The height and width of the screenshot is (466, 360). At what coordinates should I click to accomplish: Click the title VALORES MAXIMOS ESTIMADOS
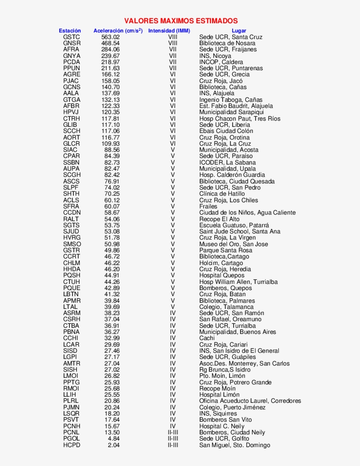click(181, 21)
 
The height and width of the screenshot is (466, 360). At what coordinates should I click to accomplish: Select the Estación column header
click(70, 31)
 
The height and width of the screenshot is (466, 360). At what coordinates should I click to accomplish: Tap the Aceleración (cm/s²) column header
click(118, 31)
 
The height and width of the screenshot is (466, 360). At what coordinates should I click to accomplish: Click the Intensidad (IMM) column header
click(169, 31)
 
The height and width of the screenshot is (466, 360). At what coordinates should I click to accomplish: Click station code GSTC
click(72, 37)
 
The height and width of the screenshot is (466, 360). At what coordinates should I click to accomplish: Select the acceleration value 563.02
click(110, 37)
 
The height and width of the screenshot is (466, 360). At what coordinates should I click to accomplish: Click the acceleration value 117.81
click(110, 118)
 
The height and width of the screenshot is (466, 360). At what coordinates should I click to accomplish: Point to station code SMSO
click(72, 244)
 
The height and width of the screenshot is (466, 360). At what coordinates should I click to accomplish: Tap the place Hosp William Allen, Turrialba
click(238, 282)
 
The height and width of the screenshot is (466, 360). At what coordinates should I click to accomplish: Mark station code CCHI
click(71, 338)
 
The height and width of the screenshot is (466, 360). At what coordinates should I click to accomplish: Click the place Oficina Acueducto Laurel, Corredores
click(250, 401)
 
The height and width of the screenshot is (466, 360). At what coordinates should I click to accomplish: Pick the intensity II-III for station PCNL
click(173, 432)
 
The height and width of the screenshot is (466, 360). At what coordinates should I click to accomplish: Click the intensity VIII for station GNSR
click(173, 43)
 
